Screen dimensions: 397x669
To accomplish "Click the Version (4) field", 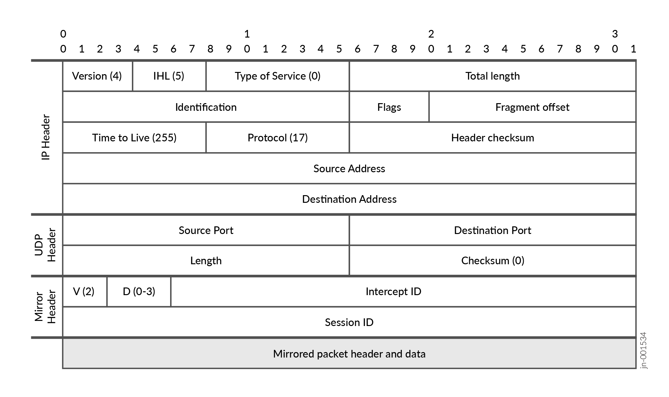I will coord(97,76).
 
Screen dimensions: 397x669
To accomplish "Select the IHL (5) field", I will coord(169,76).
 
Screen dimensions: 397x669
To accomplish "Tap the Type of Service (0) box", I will coord(277,76).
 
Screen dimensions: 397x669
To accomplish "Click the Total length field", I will coord(493,76).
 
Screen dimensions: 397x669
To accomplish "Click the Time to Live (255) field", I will coord(134,138).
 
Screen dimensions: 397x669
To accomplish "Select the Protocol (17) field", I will coord(277,138).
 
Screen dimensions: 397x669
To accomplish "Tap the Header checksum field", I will coord(493,138).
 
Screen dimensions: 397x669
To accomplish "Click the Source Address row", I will coord(349,168).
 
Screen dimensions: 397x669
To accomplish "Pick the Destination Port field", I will coord(493,230).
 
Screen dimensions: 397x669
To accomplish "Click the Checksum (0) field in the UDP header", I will coord(493,261).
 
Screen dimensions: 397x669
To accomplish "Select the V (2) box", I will coord(84,292).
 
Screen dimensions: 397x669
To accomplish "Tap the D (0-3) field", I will coord(139,292).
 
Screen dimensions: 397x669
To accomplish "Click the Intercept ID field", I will coord(393,292).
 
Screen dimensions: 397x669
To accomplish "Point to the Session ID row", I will coord(349,322).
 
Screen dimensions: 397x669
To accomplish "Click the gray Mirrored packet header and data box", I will coord(349,354).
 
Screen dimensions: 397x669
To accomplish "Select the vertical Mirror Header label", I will coord(45,307).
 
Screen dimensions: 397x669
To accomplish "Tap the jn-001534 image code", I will coord(644,351).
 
